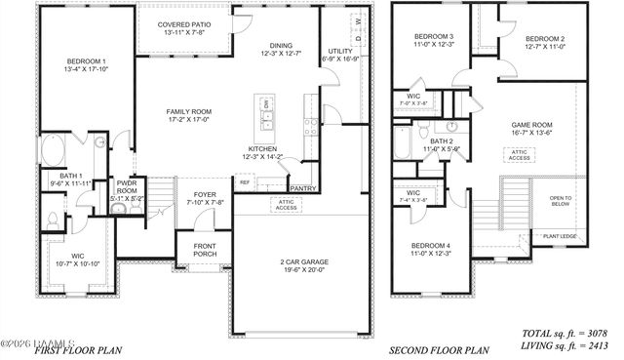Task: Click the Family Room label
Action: click(188, 111)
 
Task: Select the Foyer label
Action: click(205, 194)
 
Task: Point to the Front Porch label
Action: click(205, 249)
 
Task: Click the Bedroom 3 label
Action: click(428, 36)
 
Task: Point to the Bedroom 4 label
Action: click(430, 245)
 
